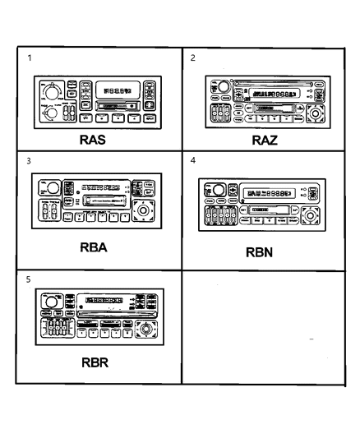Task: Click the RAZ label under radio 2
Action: pos(265,140)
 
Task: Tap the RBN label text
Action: pos(265,254)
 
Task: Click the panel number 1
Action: pos(30,58)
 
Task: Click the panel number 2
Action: pos(193,58)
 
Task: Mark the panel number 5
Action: pos(30,279)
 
